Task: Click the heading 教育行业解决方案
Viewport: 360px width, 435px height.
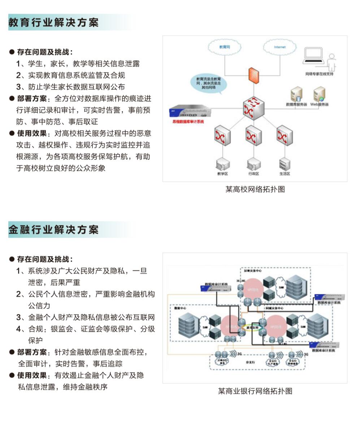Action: click(53, 22)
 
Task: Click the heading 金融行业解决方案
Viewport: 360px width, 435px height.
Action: click(53, 229)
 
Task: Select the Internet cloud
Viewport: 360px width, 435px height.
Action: click(279, 47)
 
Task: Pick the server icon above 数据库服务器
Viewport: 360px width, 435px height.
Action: click(296, 95)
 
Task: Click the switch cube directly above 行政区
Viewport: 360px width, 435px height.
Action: click(253, 136)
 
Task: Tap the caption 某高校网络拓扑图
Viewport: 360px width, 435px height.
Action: click(255, 189)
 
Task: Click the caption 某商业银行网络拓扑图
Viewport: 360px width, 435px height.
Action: click(255, 391)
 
